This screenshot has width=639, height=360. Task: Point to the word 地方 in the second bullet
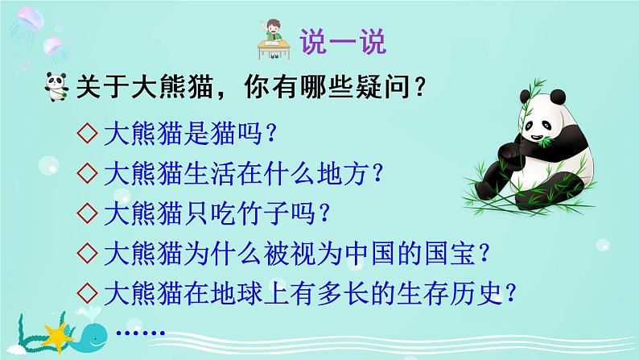336,172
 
